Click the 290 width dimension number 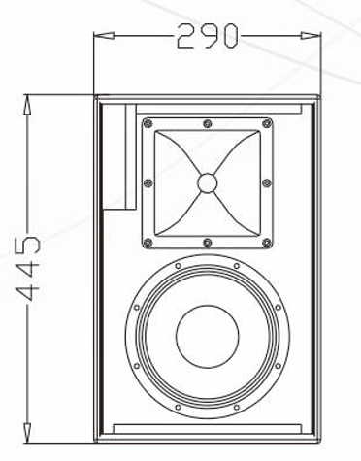tap(207, 36)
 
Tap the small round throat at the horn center tap(208, 181)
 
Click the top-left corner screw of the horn tap(148, 123)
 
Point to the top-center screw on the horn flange tap(208, 122)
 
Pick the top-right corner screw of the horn tap(267, 123)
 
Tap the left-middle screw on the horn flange tap(148, 182)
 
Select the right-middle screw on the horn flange tap(268, 182)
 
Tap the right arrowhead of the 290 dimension tap(316, 37)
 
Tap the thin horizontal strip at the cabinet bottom tap(207, 427)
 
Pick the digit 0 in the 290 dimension tap(226, 36)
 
